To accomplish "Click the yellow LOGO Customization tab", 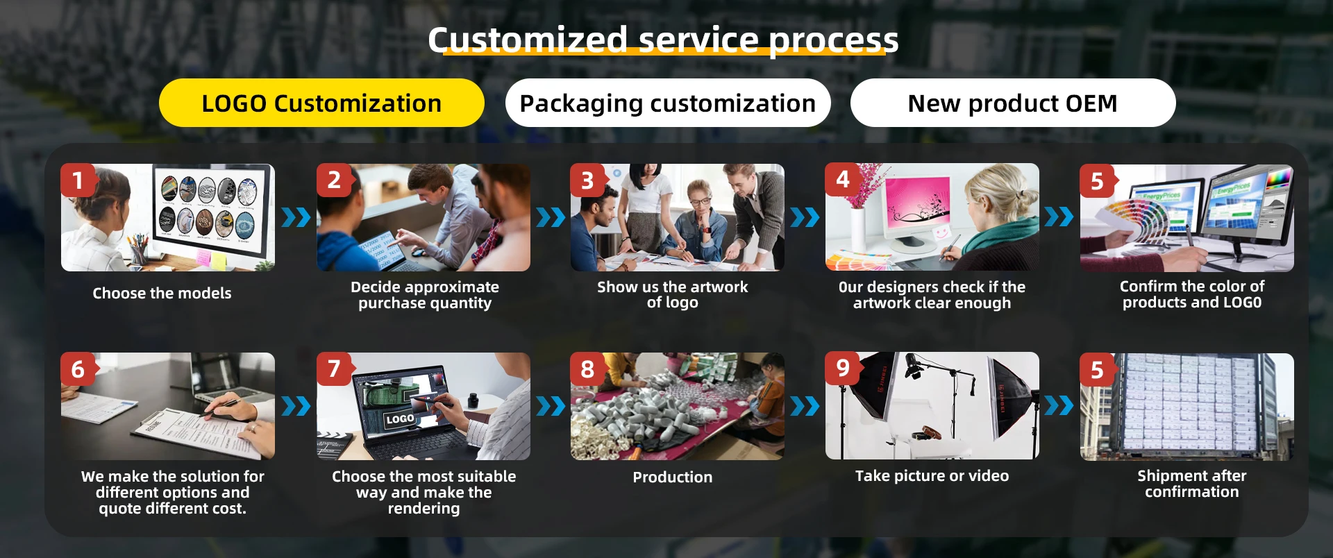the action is [321, 103].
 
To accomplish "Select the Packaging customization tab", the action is [668, 103].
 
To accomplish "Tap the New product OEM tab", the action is [1013, 103].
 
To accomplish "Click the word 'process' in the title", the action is [833, 40].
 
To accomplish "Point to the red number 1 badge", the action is [78, 180].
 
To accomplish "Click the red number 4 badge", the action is [843, 180].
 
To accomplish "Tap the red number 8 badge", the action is [588, 369].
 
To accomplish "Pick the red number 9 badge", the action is [843, 369].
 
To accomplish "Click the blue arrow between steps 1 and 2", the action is [296, 218].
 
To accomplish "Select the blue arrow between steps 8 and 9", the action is [805, 406].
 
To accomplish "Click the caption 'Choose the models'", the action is [162, 293].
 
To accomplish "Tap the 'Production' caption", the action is [673, 477].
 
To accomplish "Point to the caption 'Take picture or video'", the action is [932, 475].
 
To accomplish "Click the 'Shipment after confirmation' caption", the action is [1192, 484].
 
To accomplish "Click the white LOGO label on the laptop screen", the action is [401, 419].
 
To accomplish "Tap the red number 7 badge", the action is [334, 369].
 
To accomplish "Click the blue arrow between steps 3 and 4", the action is [805, 218].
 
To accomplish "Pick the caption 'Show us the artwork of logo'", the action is [673, 294].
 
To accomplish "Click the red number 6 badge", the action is [78, 369].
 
